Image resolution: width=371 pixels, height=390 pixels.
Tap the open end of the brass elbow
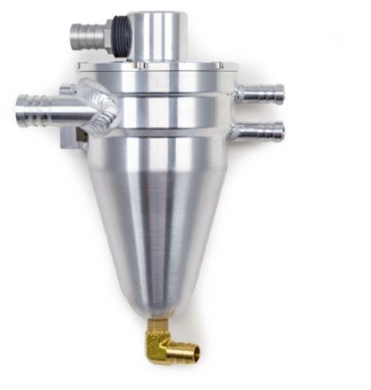[x=193, y=354]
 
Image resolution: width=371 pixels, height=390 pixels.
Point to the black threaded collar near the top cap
[x=121, y=35]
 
